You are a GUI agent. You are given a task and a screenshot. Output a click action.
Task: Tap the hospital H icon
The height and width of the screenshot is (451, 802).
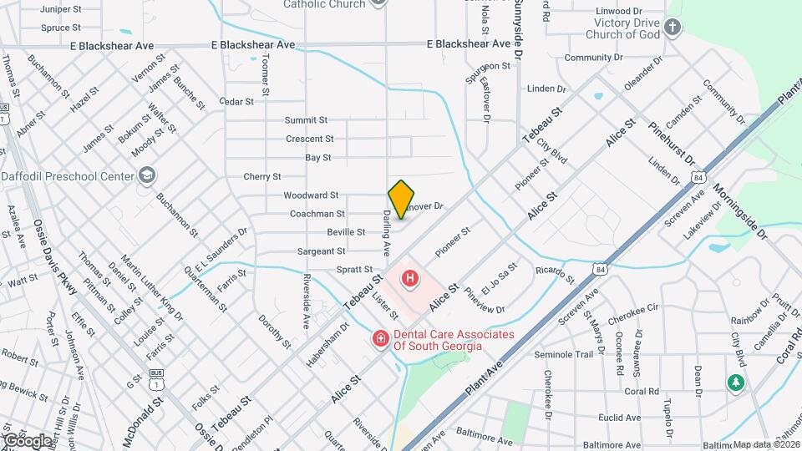[x=411, y=278]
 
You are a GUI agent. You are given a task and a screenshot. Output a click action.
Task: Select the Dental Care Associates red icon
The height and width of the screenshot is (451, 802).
[x=379, y=339]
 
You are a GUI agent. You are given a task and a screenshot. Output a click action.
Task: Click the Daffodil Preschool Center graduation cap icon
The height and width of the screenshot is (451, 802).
[x=147, y=175]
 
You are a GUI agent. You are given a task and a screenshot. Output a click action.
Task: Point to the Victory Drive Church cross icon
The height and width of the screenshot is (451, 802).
[x=673, y=29]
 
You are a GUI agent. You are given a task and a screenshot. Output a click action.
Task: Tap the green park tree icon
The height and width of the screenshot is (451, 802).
[x=736, y=383]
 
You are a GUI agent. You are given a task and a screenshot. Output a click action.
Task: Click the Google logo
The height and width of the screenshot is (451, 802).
[x=28, y=440]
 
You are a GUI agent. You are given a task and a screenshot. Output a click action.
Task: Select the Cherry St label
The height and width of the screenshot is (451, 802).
[x=262, y=177]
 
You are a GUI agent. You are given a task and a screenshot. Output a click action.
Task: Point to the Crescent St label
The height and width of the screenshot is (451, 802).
[x=309, y=139]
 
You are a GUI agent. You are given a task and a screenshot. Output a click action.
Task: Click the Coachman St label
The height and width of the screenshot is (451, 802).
[x=317, y=214]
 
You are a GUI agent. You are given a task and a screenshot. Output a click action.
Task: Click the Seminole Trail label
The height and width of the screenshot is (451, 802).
[x=564, y=354]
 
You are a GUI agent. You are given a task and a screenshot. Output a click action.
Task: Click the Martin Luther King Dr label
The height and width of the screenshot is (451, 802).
[x=151, y=288]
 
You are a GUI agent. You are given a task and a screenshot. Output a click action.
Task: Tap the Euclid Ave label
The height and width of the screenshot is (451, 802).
[x=620, y=418]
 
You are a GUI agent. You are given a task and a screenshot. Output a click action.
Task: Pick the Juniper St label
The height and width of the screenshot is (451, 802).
[x=60, y=10]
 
